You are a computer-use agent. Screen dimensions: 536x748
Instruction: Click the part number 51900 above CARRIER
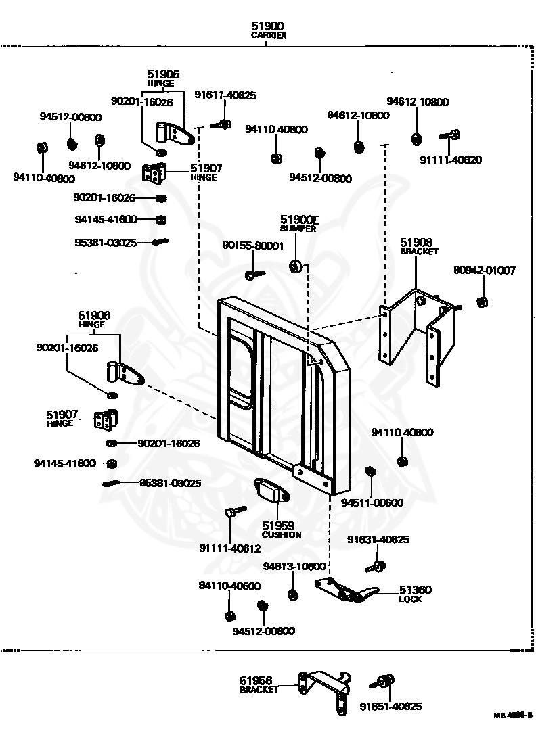pos(268,26)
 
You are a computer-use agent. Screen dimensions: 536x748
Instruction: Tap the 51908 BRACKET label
pos(419,247)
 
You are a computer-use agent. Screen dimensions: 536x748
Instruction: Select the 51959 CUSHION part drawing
pos(271,490)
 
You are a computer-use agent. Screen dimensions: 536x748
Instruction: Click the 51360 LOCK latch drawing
pos(347,590)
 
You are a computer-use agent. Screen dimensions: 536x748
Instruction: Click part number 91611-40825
pos(225,95)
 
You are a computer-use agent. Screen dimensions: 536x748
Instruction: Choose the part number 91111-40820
pos(451,160)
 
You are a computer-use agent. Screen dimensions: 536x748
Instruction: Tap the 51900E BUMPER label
pos(298,223)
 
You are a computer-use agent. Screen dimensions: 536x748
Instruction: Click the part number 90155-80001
pos(253,246)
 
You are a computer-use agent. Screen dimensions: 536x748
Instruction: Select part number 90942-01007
pos(485,271)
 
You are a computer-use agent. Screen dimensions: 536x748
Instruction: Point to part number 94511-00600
pos(372,502)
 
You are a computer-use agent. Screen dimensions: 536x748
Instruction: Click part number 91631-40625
pos(378,540)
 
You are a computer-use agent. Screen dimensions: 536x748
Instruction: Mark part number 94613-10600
pos(294,566)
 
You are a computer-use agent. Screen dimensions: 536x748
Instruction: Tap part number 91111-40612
pos(230,548)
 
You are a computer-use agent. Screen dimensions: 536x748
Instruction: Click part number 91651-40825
pos(390,707)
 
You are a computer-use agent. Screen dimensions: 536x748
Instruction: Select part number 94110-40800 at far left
pos(44,178)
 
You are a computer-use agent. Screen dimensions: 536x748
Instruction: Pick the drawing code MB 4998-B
pos(512,715)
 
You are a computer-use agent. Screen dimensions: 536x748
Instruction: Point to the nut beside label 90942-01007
pos(483,301)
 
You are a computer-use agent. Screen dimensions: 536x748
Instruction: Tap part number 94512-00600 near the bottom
pos(263,631)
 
